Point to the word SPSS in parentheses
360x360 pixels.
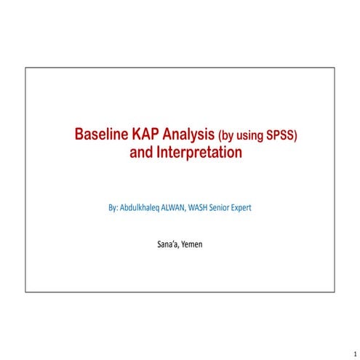pyautogui.click(x=281, y=136)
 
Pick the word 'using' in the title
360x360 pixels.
pyautogui.click(x=250, y=137)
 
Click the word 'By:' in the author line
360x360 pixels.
pyautogui.click(x=113, y=208)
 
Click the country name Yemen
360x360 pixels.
pyautogui.click(x=192, y=244)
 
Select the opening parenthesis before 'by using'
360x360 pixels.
pyautogui.click(x=219, y=136)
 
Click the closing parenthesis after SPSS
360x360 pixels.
pyautogui.click(x=297, y=136)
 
